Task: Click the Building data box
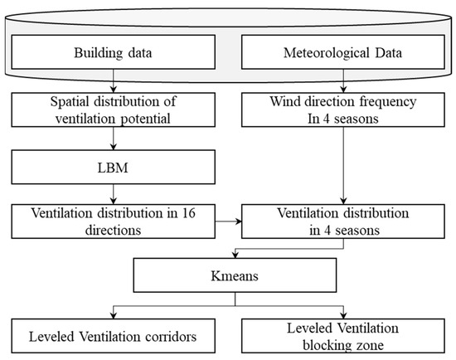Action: point(114,55)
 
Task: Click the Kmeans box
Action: point(227,275)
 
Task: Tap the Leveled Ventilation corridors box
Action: point(114,337)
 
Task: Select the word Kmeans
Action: point(227,275)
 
